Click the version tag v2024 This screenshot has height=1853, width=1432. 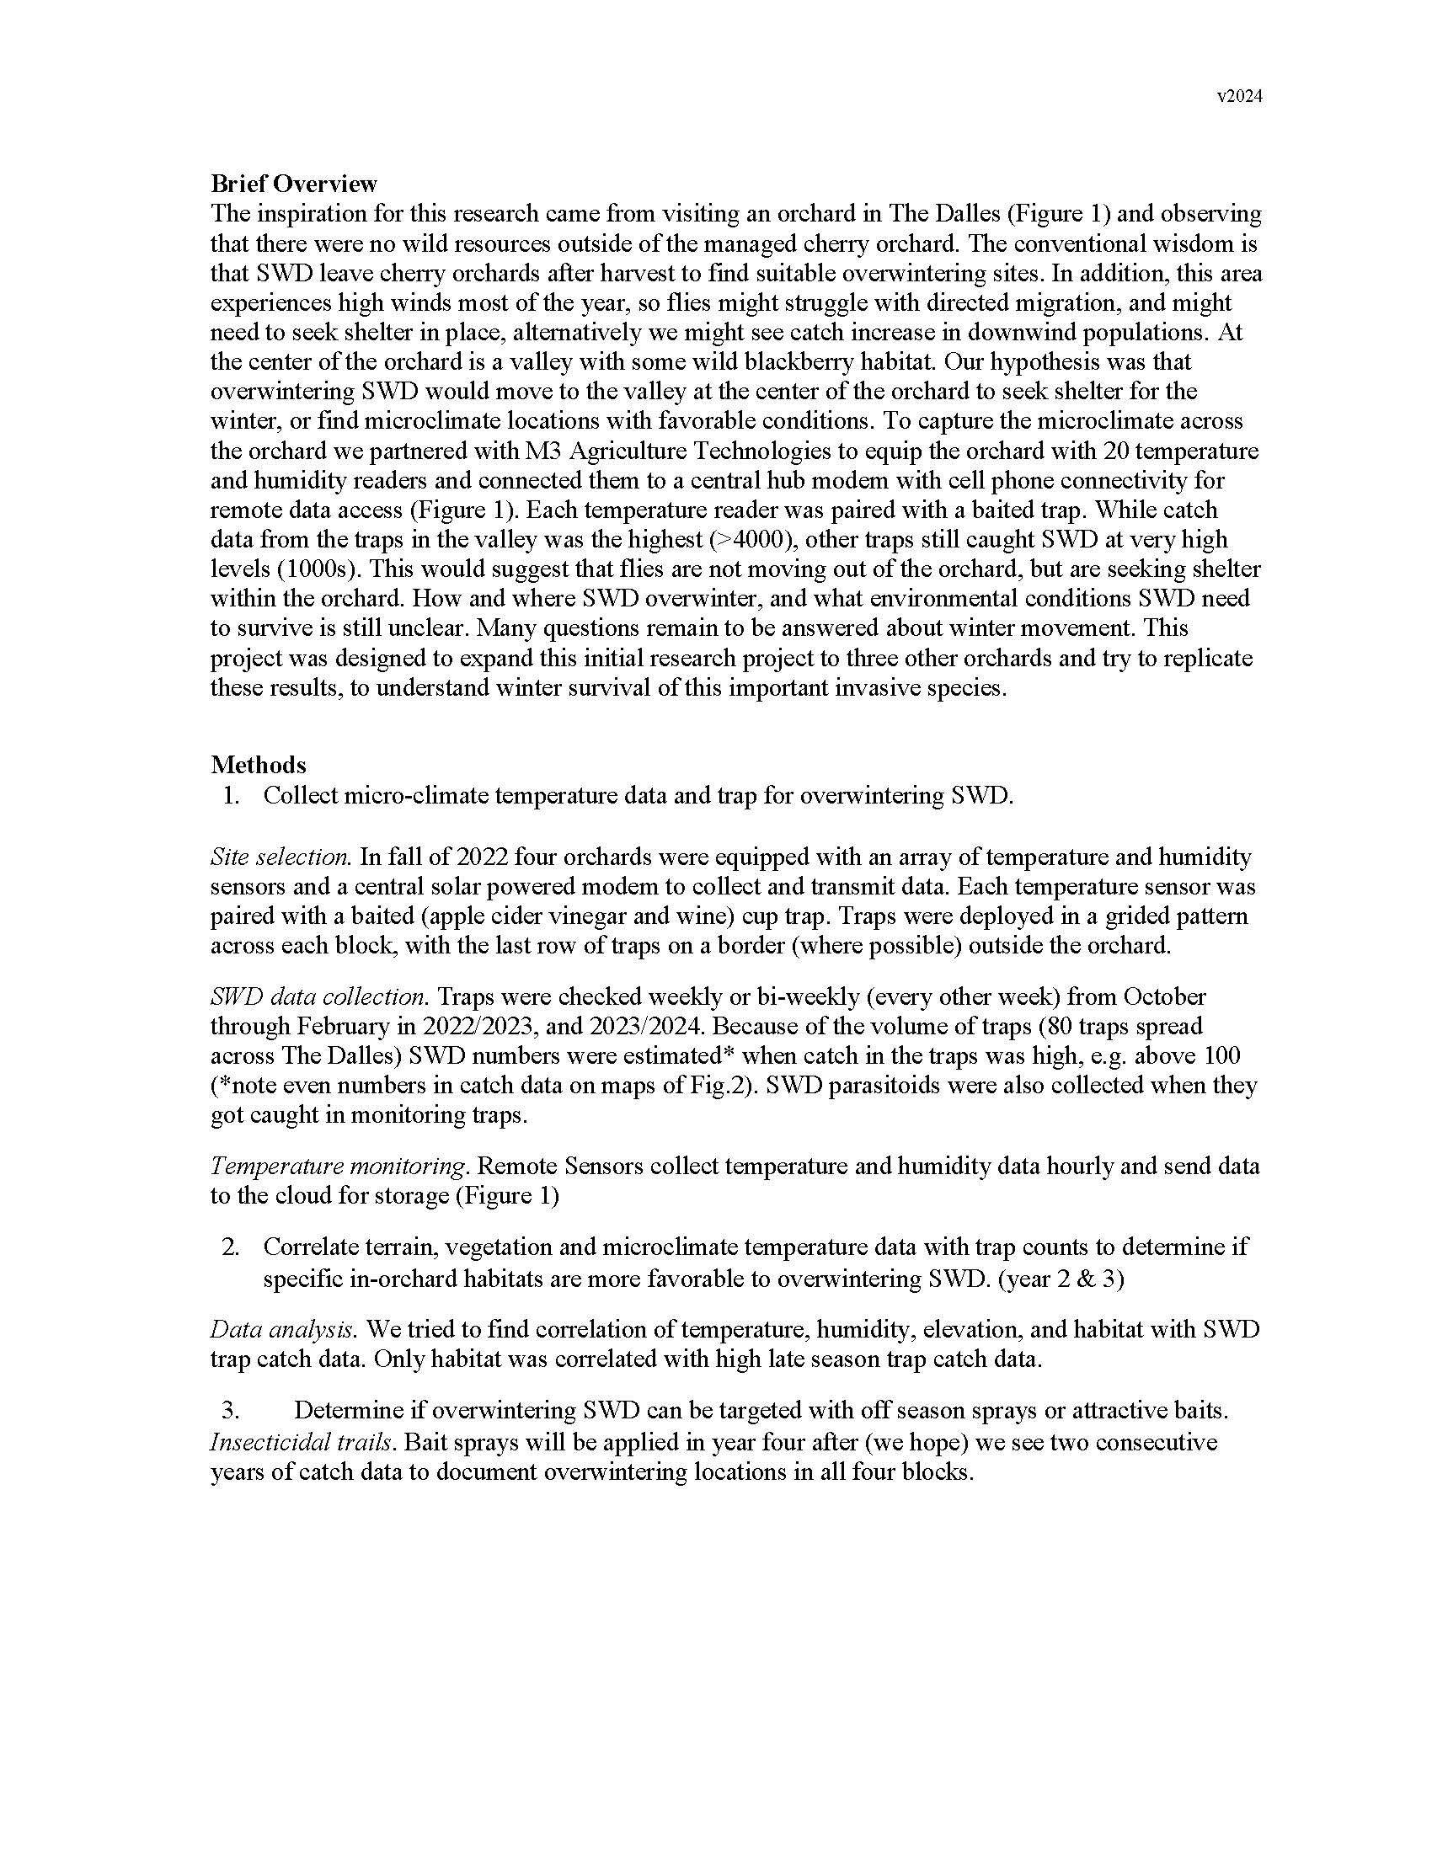[1239, 97]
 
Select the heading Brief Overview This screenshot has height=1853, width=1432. [293, 184]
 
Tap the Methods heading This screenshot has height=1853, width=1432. [258, 765]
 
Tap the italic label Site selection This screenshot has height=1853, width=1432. [281, 857]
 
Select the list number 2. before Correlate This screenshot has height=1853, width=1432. [231, 1247]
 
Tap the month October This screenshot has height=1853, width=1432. [1166, 996]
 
